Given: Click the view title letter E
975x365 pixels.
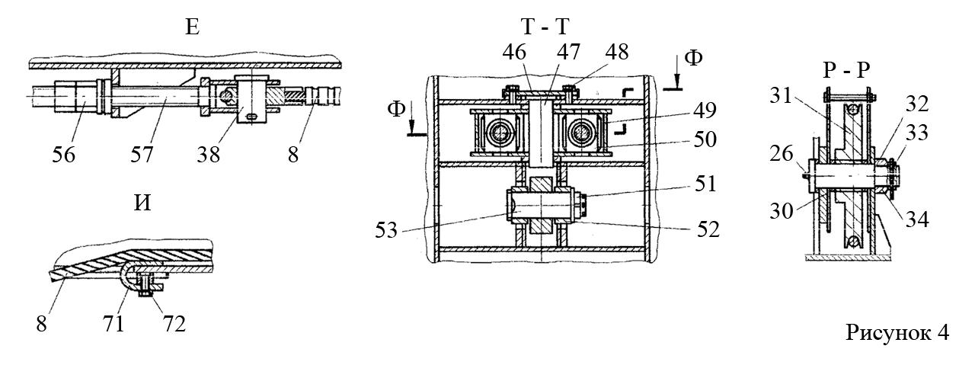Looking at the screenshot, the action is coord(193,27).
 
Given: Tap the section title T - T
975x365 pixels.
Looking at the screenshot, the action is coord(545,27).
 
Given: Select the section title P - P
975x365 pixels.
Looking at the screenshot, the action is coord(846,70).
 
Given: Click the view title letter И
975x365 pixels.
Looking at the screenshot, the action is coord(142,203).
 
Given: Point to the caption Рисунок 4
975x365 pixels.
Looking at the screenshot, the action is coord(897,333).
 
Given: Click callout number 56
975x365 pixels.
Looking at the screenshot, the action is coord(63,155).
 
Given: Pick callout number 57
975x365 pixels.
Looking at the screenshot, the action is coord(142,155).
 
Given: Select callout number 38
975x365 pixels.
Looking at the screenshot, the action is coord(208,155).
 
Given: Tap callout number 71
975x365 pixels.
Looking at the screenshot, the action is coord(113,324).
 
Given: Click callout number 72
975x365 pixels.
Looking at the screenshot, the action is coord(174,324).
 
